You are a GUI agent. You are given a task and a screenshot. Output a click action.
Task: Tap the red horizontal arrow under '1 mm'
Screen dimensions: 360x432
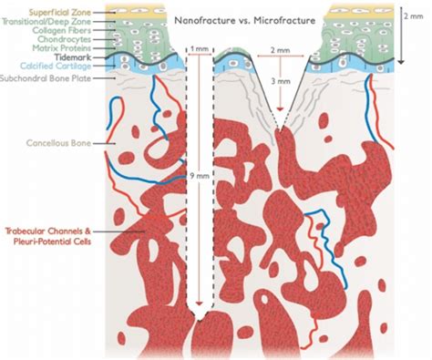coord(198,55)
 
